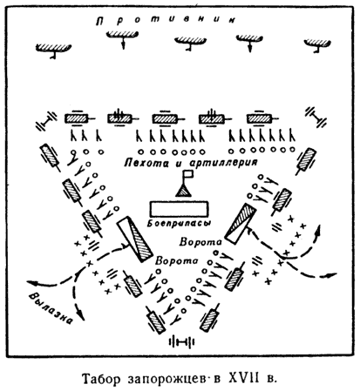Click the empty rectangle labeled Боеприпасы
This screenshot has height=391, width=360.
pyautogui.click(x=179, y=209)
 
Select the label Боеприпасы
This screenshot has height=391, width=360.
pyautogui.click(x=179, y=224)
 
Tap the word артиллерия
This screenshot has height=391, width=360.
pyautogui.click(x=224, y=162)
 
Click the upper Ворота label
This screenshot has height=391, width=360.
pyautogui.click(x=200, y=241)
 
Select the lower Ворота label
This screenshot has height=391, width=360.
pyautogui.click(x=176, y=260)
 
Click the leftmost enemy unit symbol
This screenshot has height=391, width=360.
pyautogui.click(x=53, y=49)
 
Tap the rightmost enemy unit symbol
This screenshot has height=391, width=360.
pyautogui.click(x=317, y=44)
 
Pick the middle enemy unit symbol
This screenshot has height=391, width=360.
pyautogui.click(x=190, y=42)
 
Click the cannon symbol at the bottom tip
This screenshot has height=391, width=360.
pyautogui.click(x=181, y=341)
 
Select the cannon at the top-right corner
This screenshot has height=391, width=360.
pyautogui.click(x=316, y=117)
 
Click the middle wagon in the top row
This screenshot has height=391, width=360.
pyautogui.click(x=166, y=118)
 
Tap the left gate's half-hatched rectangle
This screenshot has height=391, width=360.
pyautogui.click(x=135, y=239)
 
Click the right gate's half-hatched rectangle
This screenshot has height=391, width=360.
pyautogui.click(x=241, y=224)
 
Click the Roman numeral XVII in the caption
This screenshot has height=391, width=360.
pyautogui.click(x=243, y=379)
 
